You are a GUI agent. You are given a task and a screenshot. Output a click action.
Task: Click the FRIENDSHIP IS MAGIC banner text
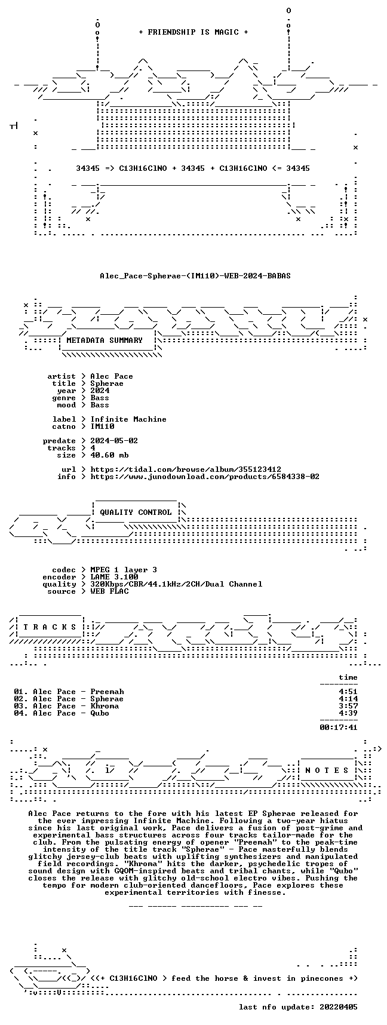pyautogui.click(x=193, y=32)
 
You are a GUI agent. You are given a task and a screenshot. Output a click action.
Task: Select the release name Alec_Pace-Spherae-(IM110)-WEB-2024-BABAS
pyautogui.click(x=195, y=276)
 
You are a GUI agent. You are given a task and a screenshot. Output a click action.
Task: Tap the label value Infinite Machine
pyautogui.click(x=128, y=419)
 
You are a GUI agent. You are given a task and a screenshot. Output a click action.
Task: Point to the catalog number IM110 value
pyautogui.click(x=102, y=426)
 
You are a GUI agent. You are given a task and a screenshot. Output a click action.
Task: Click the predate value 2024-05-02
pyautogui.click(x=114, y=441)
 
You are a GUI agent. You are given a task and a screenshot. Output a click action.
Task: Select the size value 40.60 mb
pyautogui.click(x=109, y=455)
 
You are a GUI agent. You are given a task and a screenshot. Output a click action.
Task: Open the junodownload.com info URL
pyautogui.click(x=205, y=477)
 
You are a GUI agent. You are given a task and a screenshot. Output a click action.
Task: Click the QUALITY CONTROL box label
pyautogui.click(x=136, y=512)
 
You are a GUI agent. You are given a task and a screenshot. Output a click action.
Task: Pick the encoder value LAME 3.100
pyautogui.click(x=114, y=577)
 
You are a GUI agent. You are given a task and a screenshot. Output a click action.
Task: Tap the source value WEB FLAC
pyautogui.click(x=109, y=591)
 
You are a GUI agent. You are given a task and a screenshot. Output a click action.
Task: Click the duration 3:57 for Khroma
pyautogui.click(x=348, y=706)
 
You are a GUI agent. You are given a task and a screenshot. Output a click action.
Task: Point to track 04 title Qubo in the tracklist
pyautogui.click(x=100, y=713)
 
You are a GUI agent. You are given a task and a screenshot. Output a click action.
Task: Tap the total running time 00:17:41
pyautogui.click(x=339, y=728)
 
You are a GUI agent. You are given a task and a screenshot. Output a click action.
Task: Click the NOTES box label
pyautogui.click(x=327, y=771)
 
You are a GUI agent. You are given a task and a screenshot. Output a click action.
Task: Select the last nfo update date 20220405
pyautogui.click(x=339, y=1007)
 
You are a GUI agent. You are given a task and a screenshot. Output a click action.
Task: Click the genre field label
pyautogui.click(x=64, y=398)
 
